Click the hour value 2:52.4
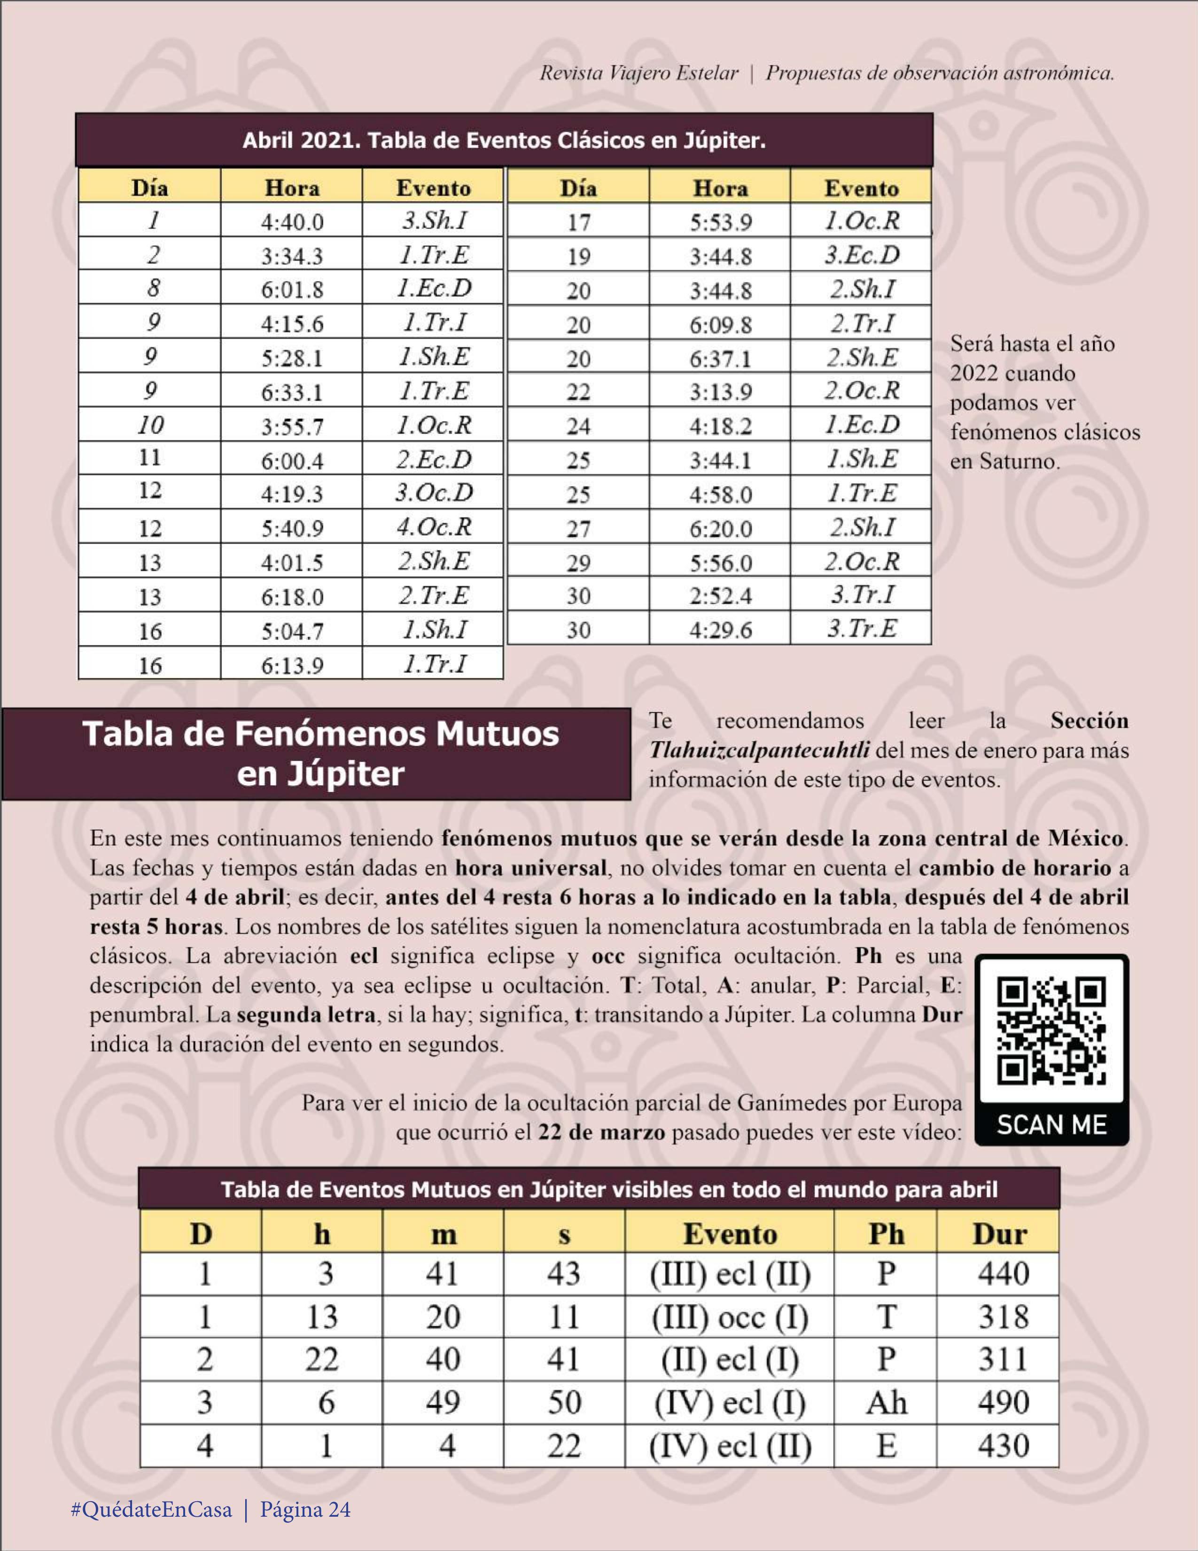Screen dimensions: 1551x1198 point(720,596)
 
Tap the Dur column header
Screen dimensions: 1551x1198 point(998,1234)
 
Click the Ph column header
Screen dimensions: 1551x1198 point(886,1234)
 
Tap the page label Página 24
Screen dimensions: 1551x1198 point(305,1509)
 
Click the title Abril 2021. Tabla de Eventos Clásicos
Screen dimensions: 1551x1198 point(504,140)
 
